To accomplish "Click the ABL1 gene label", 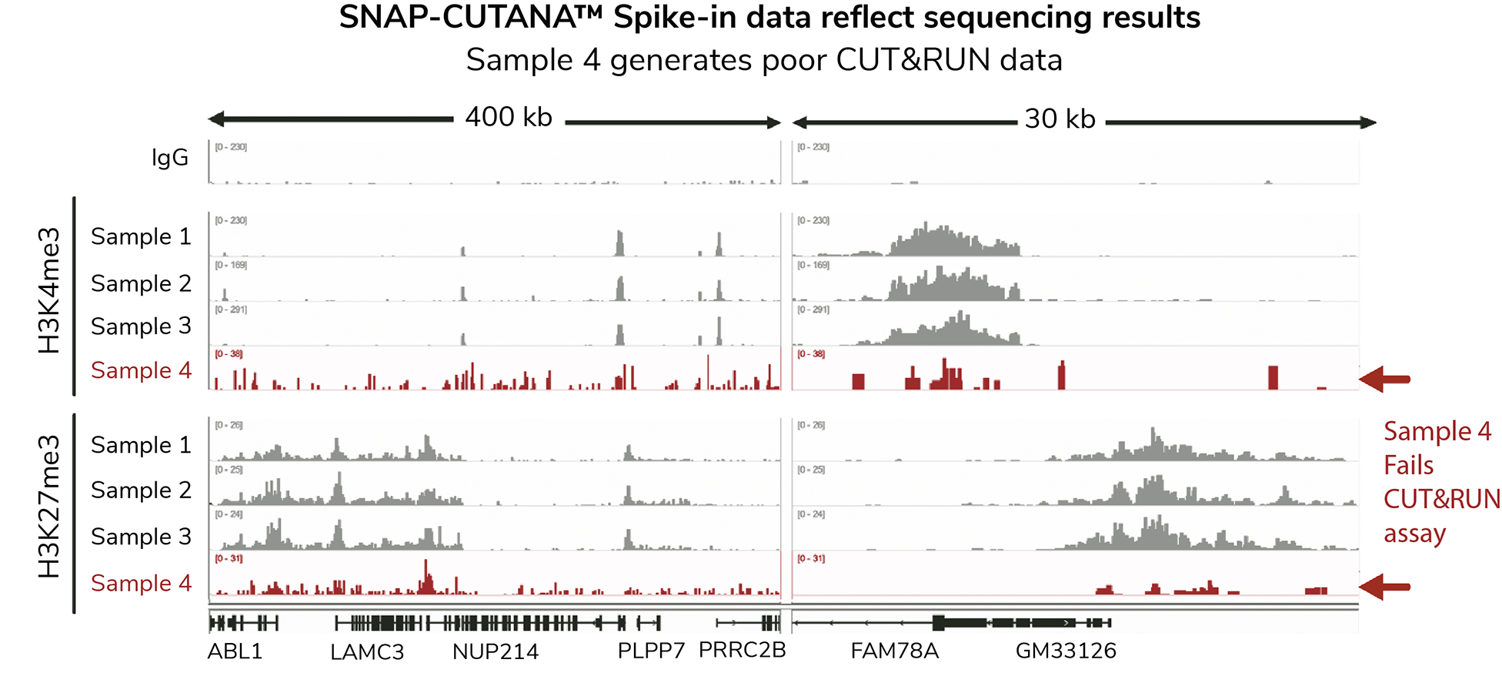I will (x=235, y=651).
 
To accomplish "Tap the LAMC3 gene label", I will (x=367, y=652).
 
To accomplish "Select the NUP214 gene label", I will (x=496, y=652).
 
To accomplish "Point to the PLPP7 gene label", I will (x=651, y=651).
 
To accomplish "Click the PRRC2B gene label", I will (x=742, y=650).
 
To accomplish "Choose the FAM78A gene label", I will (x=894, y=651).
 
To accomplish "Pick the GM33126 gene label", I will (x=1066, y=651).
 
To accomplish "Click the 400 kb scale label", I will (x=509, y=117).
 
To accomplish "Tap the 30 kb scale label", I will (x=1060, y=119).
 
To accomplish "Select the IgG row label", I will (x=170, y=158).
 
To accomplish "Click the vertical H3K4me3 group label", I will (x=49, y=290).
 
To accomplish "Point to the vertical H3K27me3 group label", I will (x=49, y=507).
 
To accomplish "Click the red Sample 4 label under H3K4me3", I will (x=141, y=370).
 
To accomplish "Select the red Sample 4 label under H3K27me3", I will (x=141, y=584).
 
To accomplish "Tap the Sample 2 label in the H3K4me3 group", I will (x=141, y=283).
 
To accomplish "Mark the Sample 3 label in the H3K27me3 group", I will (x=141, y=537).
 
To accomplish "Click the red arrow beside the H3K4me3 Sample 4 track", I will (x=1384, y=379).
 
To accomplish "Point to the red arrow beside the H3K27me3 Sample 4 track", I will (x=1384, y=587).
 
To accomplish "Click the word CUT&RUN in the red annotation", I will (x=1441, y=499).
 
